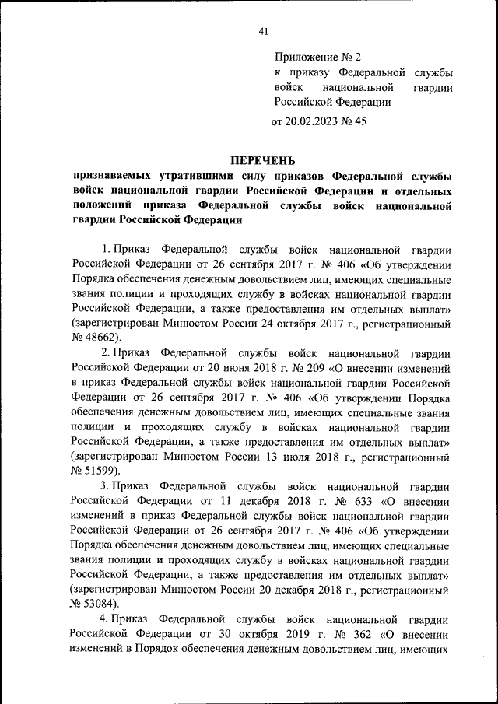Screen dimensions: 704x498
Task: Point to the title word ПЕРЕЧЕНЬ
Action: [262, 160]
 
